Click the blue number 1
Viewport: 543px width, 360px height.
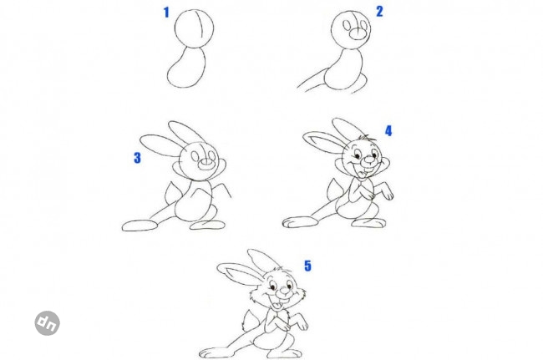pyautogui.click(x=166, y=13)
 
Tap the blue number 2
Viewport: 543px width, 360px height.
pyautogui.click(x=379, y=12)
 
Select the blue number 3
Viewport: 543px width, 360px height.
pyautogui.click(x=138, y=158)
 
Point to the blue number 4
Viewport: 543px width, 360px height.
pyautogui.click(x=388, y=131)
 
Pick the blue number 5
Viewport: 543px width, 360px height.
pyautogui.click(x=308, y=266)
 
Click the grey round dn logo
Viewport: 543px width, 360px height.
pyautogui.click(x=47, y=323)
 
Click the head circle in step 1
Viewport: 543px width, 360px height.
pyautogui.click(x=175, y=28)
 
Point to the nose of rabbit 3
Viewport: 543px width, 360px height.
pyautogui.click(x=206, y=164)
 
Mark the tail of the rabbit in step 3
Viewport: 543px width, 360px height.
pyautogui.click(x=171, y=195)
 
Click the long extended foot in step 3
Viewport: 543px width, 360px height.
pyautogui.click(x=140, y=226)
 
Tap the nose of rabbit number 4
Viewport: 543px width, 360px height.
pyautogui.click(x=368, y=160)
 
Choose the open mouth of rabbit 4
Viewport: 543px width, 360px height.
pyautogui.click(x=363, y=173)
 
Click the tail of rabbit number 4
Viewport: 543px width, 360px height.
pyautogui.click(x=333, y=190)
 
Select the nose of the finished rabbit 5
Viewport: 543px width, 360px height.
pyautogui.click(x=284, y=291)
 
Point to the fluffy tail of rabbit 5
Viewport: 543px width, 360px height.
pyautogui.click(x=250, y=321)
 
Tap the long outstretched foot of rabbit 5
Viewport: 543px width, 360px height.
pyautogui.click(x=217, y=353)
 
